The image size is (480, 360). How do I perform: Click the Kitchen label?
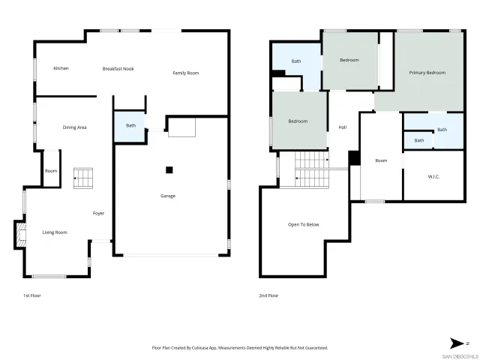pos(61,68)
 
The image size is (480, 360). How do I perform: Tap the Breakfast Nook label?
pos(118,68)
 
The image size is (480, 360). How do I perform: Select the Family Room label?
pos(186,73)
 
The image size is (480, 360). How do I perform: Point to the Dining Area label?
pos(74,127)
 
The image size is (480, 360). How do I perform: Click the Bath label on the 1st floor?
pos(131,125)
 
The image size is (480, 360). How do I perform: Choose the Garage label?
pos(168,196)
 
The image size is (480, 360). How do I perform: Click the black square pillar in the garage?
pos(169,169)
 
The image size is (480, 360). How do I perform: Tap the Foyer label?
pos(98,214)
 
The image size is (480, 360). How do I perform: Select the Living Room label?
pos(54,232)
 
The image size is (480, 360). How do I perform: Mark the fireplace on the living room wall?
pos(19,235)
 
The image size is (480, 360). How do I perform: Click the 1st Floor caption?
pos(31,295)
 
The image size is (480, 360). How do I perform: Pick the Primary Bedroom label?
pos(427,73)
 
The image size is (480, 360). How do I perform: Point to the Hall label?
pos(342,127)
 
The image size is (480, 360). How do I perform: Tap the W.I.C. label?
pos(433,177)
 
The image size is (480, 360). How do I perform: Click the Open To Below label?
pos(304,224)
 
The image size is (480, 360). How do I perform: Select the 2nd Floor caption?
pos(269,295)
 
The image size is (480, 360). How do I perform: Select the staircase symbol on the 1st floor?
pos(82,178)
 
